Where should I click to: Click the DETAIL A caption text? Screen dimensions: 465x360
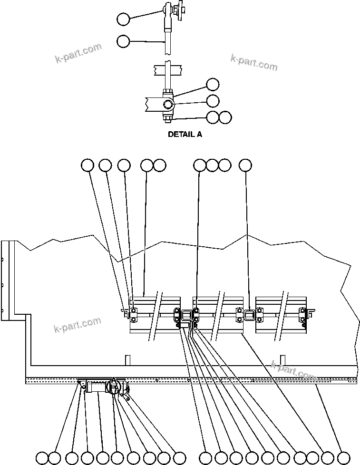click(x=185, y=135)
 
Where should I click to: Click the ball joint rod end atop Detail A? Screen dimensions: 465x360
click(x=167, y=9)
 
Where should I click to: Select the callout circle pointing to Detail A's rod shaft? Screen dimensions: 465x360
click(x=123, y=41)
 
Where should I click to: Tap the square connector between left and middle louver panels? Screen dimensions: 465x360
click(x=186, y=314)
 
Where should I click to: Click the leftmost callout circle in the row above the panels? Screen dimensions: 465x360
click(x=87, y=165)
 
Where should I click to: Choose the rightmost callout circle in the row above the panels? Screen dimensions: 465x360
click(x=245, y=165)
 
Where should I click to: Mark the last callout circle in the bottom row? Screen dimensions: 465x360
click(x=343, y=457)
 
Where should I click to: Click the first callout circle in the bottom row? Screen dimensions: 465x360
click(x=42, y=457)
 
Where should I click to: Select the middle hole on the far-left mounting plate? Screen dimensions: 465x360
click(x=3, y=285)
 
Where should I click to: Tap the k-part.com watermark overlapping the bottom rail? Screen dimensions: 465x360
click(x=293, y=371)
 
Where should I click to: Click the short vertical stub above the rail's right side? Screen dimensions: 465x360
click(x=282, y=359)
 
